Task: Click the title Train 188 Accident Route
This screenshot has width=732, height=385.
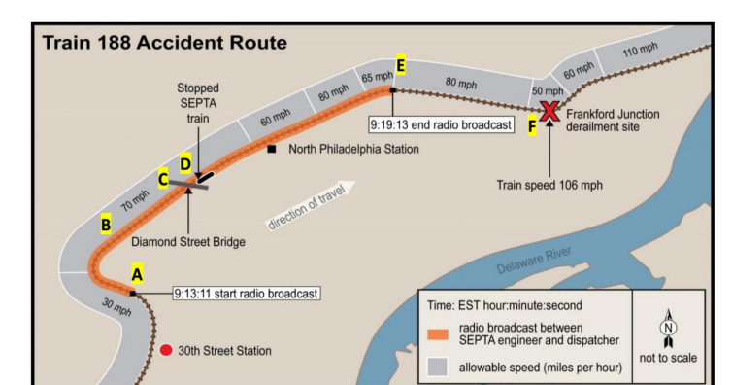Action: (165, 43)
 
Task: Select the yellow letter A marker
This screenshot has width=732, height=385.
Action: (137, 274)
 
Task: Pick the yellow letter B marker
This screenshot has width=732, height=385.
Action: (105, 226)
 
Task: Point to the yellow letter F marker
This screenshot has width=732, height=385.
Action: (532, 125)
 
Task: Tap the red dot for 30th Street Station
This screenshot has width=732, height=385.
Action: (166, 350)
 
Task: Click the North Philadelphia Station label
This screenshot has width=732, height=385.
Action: (353, 150)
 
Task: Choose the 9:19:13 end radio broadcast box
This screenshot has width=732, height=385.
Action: (440, 125)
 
